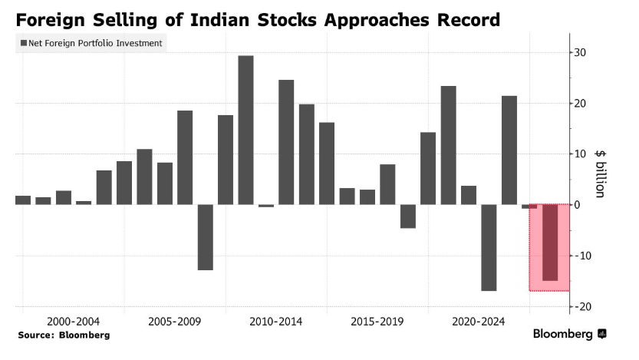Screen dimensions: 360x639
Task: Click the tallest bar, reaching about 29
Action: tap(245, 130)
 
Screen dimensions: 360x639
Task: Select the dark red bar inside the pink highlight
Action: tap(550, 242)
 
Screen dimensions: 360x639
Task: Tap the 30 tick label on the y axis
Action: tap(581, 53)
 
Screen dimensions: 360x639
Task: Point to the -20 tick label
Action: tap(583, 306)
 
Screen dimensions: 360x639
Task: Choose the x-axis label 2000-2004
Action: tap(73, 322)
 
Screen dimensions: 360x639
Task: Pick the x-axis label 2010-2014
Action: tap(276, 322)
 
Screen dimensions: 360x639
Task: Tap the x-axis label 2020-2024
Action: tap(479, 322)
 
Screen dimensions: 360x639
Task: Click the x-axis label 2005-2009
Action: tap(174, 322)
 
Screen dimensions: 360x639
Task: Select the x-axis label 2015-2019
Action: tap(377, 322)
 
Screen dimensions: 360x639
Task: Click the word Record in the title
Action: tap(465, 19)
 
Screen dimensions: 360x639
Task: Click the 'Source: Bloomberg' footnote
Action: tap(64, 335)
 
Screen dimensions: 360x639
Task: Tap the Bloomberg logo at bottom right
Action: tap(568, 334)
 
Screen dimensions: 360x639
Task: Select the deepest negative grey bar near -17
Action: tap(489, 247)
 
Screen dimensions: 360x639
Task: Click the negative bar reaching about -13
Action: tap(205, 237)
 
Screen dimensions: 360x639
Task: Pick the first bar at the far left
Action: tap(23, 200)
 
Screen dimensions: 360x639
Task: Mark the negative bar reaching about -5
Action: tap(408, 216)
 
